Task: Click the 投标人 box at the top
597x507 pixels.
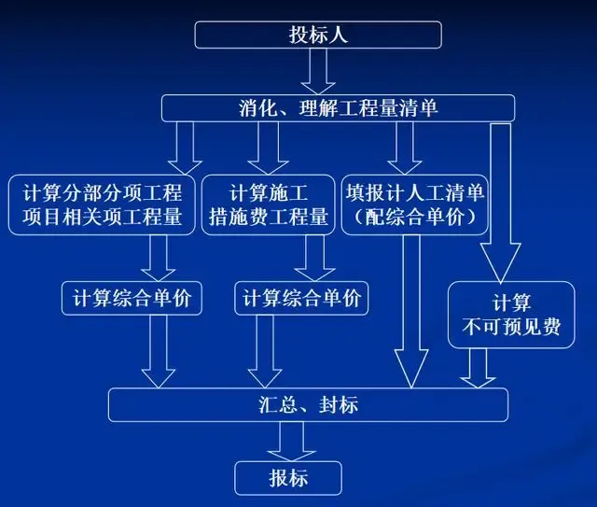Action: point(318,35)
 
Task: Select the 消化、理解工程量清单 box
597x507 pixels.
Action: point(338,108)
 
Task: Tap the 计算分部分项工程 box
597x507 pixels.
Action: point(102,204)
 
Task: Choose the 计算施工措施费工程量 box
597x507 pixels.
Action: point(268,204)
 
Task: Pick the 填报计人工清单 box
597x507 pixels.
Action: point(414,204)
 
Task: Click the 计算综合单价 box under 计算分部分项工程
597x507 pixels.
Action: point(132,298)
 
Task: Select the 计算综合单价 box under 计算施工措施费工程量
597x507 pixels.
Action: point(301,298)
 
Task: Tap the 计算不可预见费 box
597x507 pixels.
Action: point(511,315)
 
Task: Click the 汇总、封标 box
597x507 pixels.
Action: point(308,405)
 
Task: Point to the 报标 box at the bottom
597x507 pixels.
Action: point(288,478)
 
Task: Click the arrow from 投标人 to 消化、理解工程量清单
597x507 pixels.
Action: point(318,72)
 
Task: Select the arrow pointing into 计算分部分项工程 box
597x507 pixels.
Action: point(185,148)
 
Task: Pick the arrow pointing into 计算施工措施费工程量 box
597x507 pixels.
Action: point(268,148)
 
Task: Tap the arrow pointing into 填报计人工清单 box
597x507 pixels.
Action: point(404,148)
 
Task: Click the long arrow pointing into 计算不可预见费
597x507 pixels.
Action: point(500,204)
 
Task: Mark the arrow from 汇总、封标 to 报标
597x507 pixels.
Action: point(292,442)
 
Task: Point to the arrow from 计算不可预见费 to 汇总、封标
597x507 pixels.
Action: point(478,368)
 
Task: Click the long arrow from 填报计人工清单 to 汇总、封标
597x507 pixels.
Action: point(411,312)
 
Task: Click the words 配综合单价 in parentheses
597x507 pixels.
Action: point(414,217)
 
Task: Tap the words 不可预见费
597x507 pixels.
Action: point(511,327)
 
